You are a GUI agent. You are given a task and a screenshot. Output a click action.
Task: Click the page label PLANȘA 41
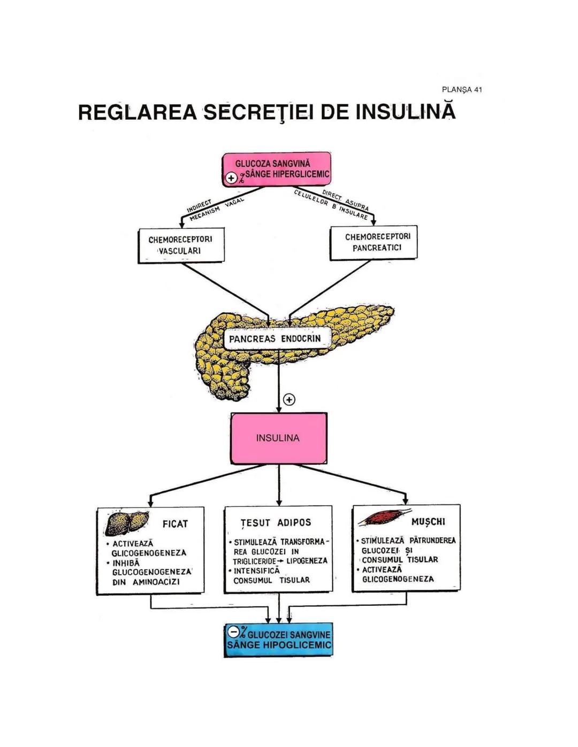click(x=461, y=90)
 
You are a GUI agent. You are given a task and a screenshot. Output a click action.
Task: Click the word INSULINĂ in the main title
click(x=405, y=112)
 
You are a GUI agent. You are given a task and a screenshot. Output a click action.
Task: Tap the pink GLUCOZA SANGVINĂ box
click(x=277, y=168)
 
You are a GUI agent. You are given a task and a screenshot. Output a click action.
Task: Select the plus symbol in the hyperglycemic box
click(x=231, y=178)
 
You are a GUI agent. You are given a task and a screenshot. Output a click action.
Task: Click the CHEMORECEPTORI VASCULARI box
click(x=180, y=245)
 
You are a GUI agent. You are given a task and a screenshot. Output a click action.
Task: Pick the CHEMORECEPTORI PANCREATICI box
click(x=374, y=242)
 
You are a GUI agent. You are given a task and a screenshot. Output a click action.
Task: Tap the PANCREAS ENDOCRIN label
click(x=275, y=338)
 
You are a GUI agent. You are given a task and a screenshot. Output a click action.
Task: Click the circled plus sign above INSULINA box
click(x=289, y=399)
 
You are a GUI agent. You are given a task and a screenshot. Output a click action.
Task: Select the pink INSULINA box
click(x=278, y=438)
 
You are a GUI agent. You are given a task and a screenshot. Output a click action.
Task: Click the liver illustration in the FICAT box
click(x=126, y=522)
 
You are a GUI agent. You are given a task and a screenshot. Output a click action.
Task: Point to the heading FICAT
click(x=175, y=524)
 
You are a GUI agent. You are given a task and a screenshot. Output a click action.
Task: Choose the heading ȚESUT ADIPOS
click(x=276, y=522)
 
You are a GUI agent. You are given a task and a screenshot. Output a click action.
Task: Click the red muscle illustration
click(x=382, y=517)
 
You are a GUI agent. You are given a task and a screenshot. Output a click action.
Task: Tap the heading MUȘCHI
click(x=428, y=521)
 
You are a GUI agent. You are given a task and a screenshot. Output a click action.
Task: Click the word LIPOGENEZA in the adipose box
click(x=307, y=561)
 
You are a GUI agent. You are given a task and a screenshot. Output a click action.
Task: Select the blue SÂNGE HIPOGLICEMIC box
click(x=278, y=640)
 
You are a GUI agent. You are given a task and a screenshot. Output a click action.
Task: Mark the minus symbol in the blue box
click(x=233, y=632)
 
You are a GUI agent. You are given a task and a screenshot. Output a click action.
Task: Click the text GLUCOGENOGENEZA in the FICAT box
click(x=151, y=572)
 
